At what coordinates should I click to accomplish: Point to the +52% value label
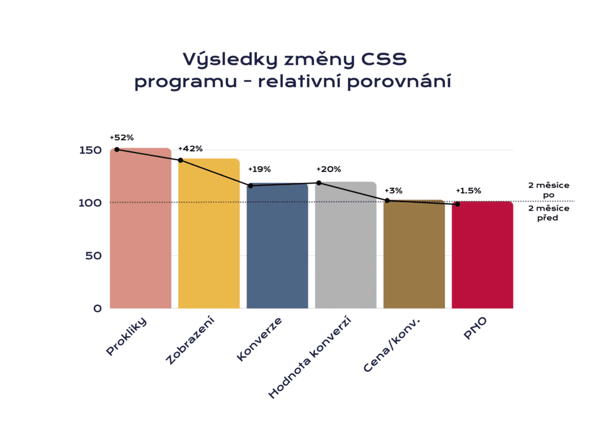coord(122,138)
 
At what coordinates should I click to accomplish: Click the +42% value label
coord(190,149)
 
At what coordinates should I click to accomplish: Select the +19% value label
coord(259,169)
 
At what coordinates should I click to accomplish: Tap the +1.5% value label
coord(468,190)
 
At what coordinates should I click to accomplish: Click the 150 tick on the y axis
coord(90,150)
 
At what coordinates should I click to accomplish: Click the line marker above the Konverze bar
coord(251,185)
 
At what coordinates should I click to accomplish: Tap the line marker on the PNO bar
coord(457,204)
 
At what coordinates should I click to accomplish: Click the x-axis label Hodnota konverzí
coord(310,359)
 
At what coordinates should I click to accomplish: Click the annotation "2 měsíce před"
coord(549,213)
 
